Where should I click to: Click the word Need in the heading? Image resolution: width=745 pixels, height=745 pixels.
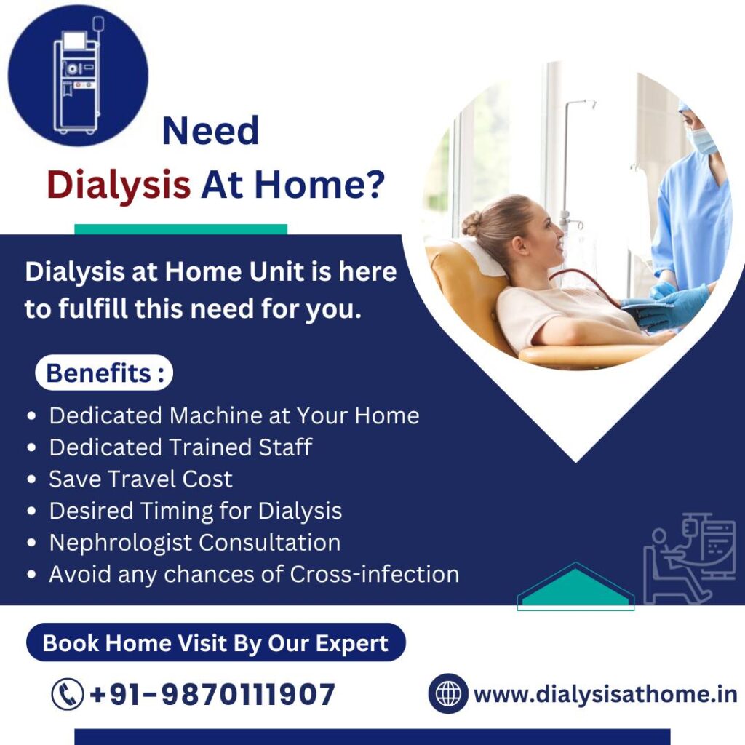(210, 131)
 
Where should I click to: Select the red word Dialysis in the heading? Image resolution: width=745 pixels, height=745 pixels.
(119, 185)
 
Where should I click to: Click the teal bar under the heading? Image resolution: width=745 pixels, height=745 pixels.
(180, 229)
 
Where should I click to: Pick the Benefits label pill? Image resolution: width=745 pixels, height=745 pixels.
(104, 372)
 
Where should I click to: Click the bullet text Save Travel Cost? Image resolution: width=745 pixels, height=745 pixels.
(140, 479)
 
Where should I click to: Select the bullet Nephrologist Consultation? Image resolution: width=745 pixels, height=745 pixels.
(195, 543)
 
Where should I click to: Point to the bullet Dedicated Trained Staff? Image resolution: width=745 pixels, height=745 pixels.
(180, 447)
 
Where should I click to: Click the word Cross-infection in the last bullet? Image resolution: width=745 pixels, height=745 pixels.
(375, 574)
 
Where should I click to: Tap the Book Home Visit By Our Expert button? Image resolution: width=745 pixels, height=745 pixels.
(215, 642)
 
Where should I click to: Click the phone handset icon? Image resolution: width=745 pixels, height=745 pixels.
(68, 694)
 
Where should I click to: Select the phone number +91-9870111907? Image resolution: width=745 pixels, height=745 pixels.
(212, 694)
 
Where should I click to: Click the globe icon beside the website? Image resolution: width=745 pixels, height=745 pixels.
(448, 693)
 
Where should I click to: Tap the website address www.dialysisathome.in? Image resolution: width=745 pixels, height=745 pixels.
(605, 694)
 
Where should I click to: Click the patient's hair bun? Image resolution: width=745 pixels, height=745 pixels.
(471, 223)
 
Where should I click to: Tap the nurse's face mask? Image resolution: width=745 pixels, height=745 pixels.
(701, 141)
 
